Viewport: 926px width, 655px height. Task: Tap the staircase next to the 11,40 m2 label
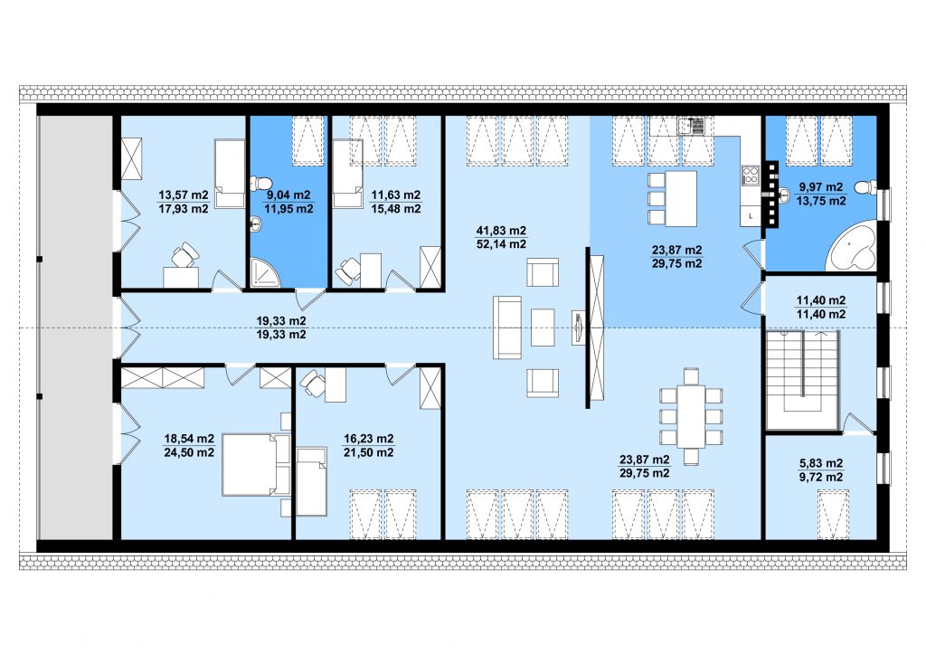point(803,380)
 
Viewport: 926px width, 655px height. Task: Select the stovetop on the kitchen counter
point(750,176)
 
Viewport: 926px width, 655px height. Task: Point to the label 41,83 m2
point(501,231)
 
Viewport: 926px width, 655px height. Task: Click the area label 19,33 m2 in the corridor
point(281,320)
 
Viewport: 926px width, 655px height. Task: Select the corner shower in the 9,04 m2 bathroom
point(265,272)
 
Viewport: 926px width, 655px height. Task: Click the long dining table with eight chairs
point(691,416)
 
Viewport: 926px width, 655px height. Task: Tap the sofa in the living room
point(507,327)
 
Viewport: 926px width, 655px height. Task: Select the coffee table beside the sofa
point(543,327)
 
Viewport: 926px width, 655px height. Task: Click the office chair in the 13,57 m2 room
point(184,255)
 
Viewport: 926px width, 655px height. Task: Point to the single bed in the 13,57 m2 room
point(230,174)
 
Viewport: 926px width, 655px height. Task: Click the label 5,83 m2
point(821,463)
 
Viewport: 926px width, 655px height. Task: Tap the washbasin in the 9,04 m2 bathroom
point(257,223)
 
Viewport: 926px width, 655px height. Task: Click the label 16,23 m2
point(369,438)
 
